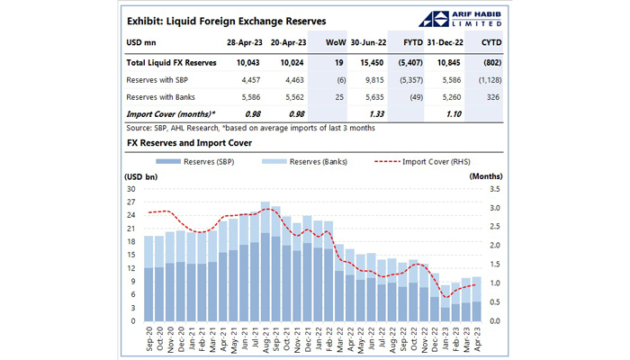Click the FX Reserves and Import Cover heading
point(187,143)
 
